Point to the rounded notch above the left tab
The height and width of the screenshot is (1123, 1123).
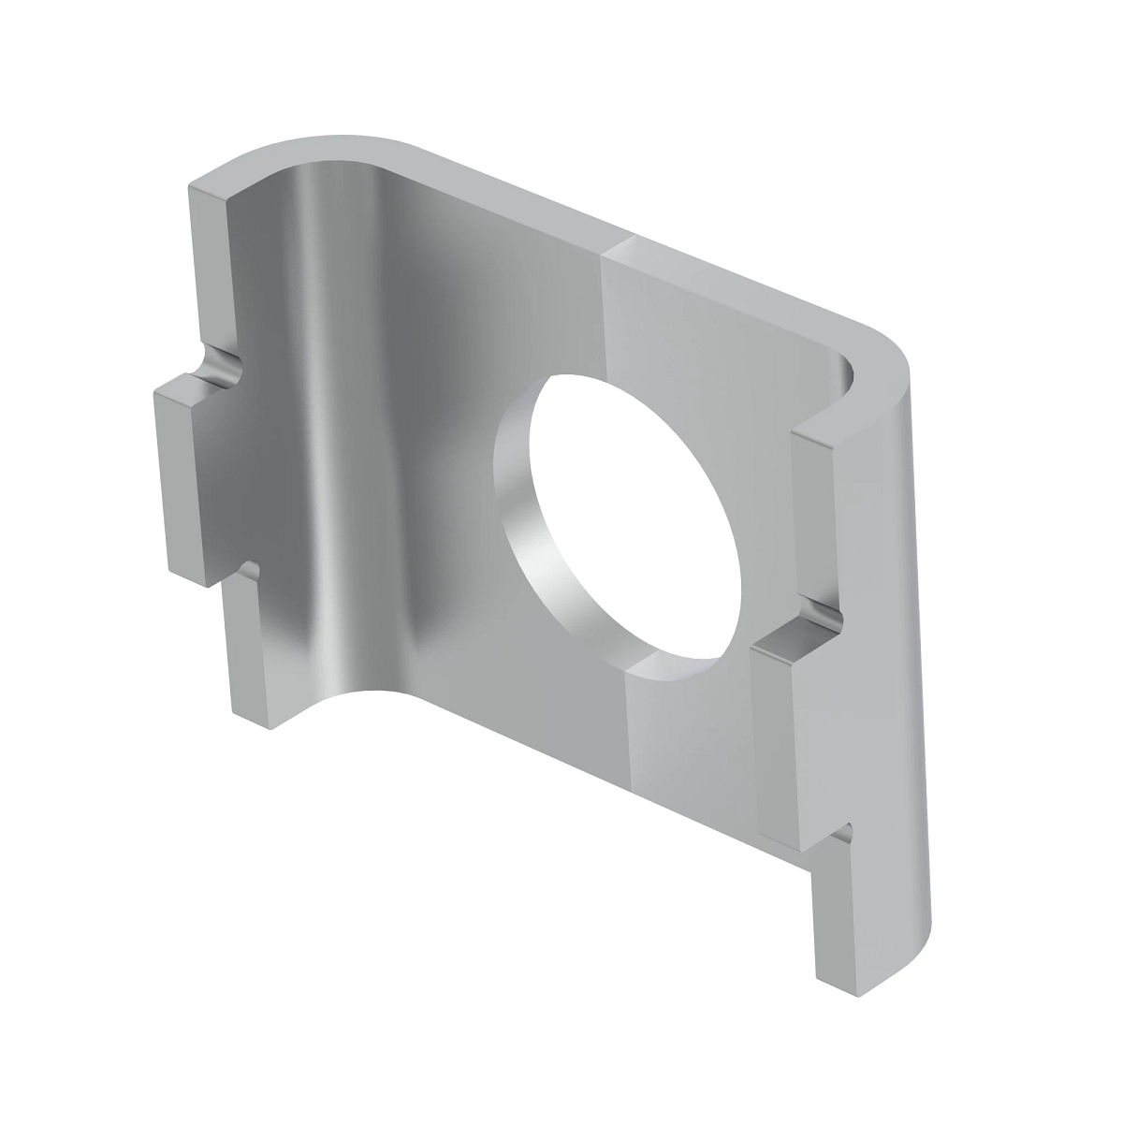click(x=221, y=364)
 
